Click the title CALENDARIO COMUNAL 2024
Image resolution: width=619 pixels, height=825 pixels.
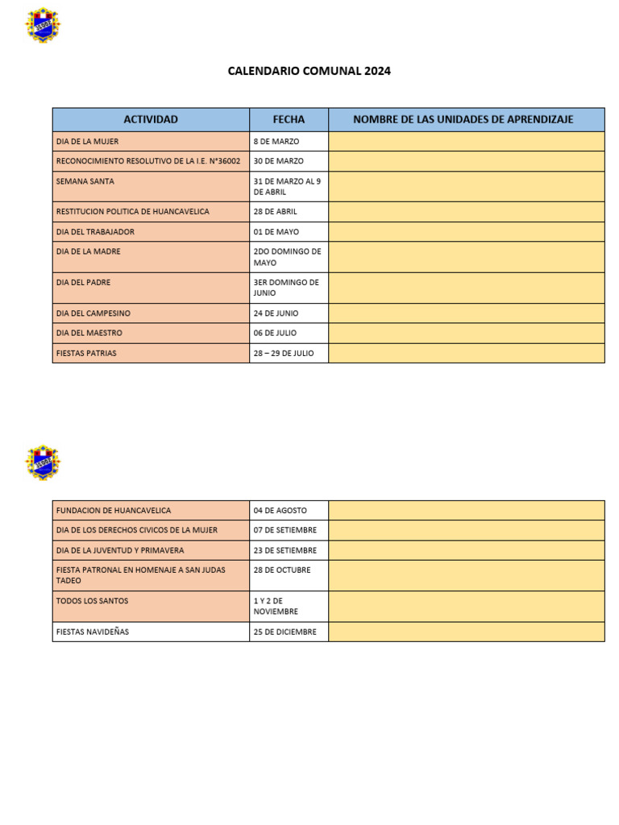pos(309,71)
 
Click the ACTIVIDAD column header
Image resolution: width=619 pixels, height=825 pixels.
pos(151,119)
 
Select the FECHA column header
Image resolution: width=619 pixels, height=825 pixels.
pos(289,119)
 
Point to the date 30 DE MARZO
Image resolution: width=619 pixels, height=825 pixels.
pos(278,161)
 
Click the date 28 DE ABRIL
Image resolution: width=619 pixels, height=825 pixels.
pos(275,212)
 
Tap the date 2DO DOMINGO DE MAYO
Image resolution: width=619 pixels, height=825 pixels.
pos(287,257)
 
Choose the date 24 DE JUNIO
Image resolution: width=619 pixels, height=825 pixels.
pos(276,313)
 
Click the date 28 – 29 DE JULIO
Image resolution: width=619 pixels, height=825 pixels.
pos(284,353)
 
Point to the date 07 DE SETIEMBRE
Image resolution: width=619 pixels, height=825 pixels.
pos(285,530)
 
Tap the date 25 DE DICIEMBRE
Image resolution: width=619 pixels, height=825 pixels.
pos(285,632)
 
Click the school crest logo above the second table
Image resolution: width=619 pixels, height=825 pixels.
pos(43,462)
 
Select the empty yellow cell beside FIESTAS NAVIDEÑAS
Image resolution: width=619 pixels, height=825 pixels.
pos(466,632)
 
